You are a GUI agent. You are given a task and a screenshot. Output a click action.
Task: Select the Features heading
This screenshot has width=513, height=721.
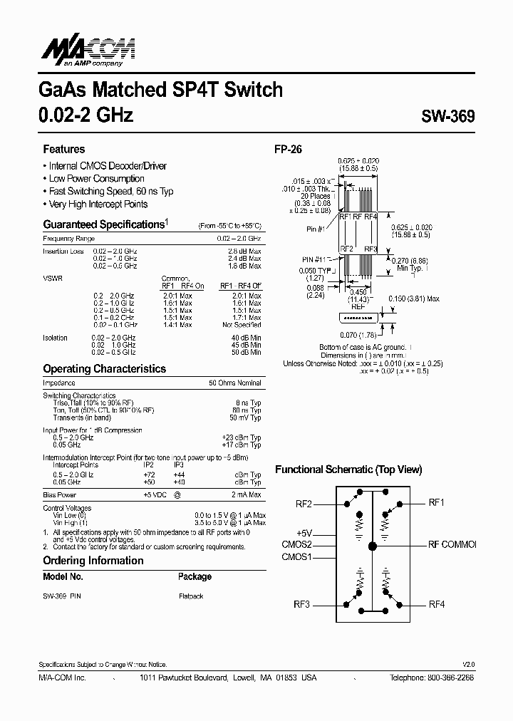[x=64, y=149]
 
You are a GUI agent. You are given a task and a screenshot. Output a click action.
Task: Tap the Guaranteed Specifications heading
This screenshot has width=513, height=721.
[x=104, y=224]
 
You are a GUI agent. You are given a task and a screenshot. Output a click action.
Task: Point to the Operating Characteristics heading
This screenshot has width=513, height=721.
[x=104, y=369]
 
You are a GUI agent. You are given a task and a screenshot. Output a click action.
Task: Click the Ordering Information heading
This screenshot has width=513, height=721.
[x=93, y=560]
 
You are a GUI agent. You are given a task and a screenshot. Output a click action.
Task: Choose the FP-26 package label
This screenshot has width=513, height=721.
[x=289, y=150]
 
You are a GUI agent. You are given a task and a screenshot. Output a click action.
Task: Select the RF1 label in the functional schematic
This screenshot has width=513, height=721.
[x=436, y=502]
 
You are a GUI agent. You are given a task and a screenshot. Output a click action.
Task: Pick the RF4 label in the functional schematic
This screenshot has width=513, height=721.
[x=436, y=604]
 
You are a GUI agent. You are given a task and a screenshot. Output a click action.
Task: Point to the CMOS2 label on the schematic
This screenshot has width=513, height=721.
[x=297, y=545]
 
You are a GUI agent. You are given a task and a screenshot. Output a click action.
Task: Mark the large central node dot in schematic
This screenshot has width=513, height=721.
[x=372, y=546]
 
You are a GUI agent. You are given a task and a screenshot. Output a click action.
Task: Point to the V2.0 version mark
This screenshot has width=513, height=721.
[x=468, y=663]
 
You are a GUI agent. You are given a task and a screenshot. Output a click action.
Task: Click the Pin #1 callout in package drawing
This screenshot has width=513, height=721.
[x=316, y=229]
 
